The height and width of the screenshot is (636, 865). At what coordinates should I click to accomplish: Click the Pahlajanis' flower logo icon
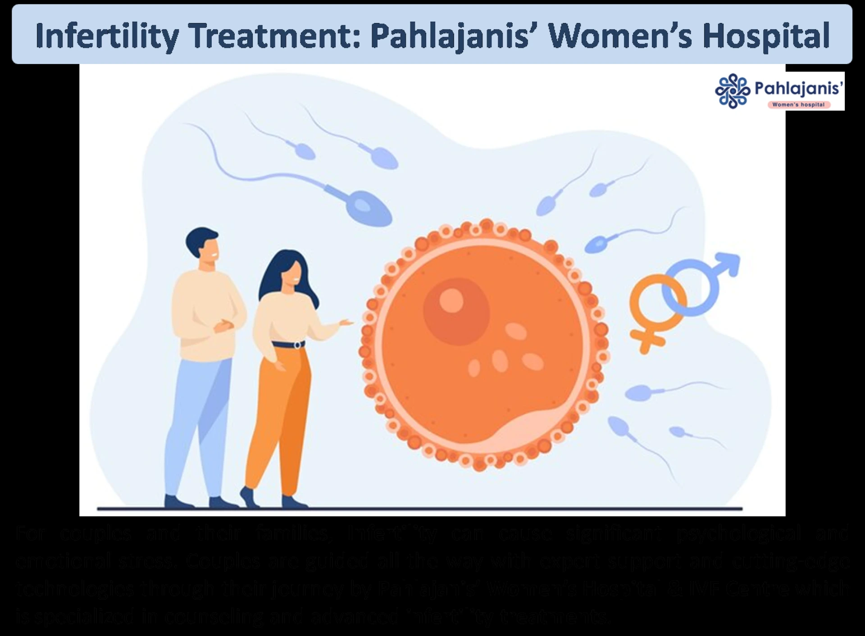(x=732, y=91)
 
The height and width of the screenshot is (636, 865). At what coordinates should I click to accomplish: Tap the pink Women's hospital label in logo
(x=798, y=104)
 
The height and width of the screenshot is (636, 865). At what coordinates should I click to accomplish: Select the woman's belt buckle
(x=297, y=345)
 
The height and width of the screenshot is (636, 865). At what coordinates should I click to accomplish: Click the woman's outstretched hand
(x=346, y=323)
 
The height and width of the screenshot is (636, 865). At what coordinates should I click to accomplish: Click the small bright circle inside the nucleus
(x=451, y=300)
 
